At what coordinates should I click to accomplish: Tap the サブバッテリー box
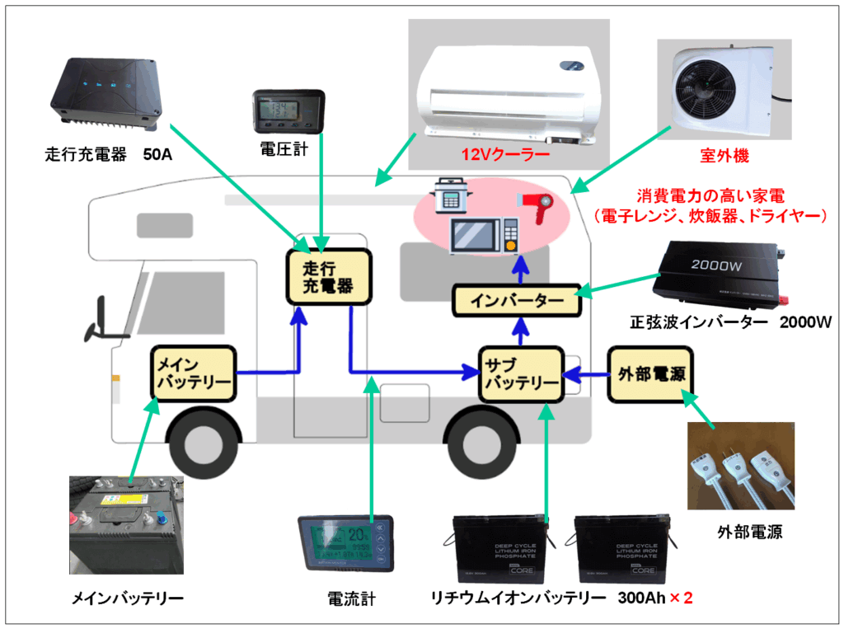tap(520, 373)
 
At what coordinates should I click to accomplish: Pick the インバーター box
tap(518, 301)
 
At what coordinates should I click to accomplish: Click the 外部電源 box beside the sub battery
tap(649, 373)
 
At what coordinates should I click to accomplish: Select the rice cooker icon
tap(451, 196)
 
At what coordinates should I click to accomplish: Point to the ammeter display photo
tap(345, 543)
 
